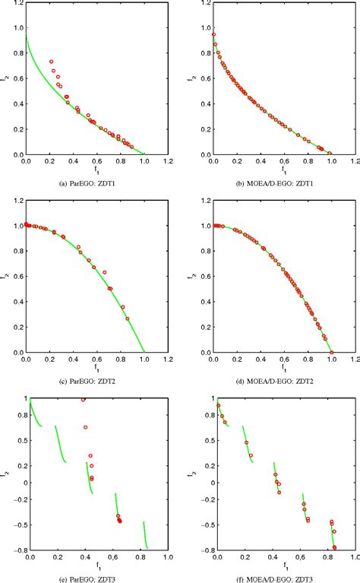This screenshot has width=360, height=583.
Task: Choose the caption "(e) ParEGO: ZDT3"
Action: [x=90, y=577]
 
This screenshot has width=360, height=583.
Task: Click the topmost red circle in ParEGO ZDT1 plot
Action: [x=52, y=62]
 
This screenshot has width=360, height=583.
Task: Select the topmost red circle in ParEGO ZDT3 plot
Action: [x=83, y=399]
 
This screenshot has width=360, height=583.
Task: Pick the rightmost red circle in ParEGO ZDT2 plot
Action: [x=127, y=318]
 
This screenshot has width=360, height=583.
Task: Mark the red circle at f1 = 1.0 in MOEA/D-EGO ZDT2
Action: [x=330, y=353]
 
